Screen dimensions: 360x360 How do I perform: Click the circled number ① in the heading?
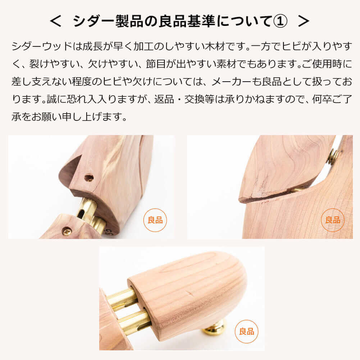coord(280,21)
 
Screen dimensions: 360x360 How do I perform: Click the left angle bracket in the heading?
coord(55,21)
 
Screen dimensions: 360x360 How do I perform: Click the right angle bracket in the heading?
coord(304,21)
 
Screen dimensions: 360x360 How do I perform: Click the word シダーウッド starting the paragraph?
coord(42,46)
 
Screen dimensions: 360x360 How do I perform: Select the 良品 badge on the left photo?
coord(155,220)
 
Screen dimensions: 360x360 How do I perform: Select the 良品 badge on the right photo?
coord(333,220)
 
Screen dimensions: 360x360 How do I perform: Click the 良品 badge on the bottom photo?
coord(247,331)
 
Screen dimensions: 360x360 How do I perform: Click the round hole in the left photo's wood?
coord(89,178)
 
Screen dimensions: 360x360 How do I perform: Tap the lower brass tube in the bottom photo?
coord(134,322)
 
